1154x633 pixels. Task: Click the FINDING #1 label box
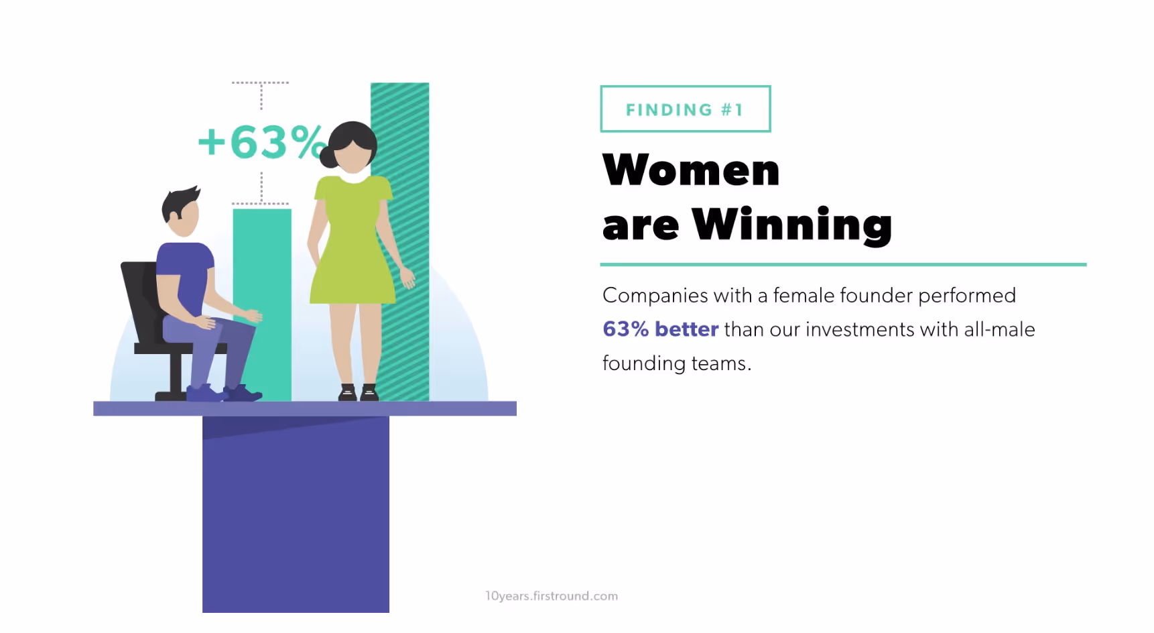[x=685, y=109]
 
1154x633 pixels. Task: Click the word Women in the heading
[x=691, y=170]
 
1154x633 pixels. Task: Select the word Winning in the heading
[x=791, y=225]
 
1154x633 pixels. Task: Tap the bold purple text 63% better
[x=660, y=329]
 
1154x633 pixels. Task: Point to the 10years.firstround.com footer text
[x=552, y=595]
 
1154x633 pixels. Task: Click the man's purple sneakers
[x=225, y=393]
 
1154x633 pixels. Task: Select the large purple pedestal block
[x=296, y=516]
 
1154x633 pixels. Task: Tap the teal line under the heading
[x=842, y=265]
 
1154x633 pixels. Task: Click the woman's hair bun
[x=328, y=157]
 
